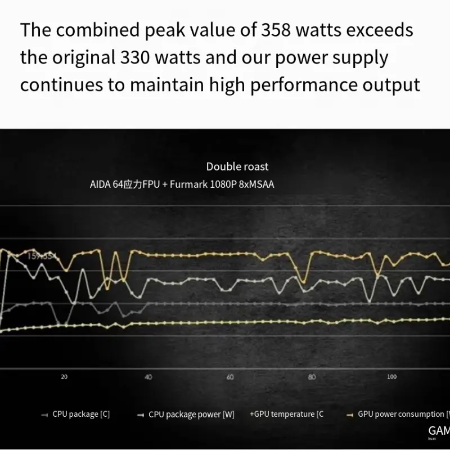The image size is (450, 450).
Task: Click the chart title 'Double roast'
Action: coord(237,166)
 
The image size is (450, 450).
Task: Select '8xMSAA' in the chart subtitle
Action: coord(256,184)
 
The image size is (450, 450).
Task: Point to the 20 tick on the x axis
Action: coord(64,377)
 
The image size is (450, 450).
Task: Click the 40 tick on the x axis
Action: coord(148,377)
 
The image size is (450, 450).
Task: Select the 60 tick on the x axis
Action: coord(230,377)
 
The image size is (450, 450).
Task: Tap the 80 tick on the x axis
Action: coord(312,377)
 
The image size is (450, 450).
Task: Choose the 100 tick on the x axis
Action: coord(392,377)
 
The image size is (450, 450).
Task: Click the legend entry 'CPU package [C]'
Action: coord(81,415)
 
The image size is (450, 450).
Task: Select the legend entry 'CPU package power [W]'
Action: coord(191,415)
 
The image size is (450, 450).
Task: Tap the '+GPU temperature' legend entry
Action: coord(287,415)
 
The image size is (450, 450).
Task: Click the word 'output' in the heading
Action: coord(392,85)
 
